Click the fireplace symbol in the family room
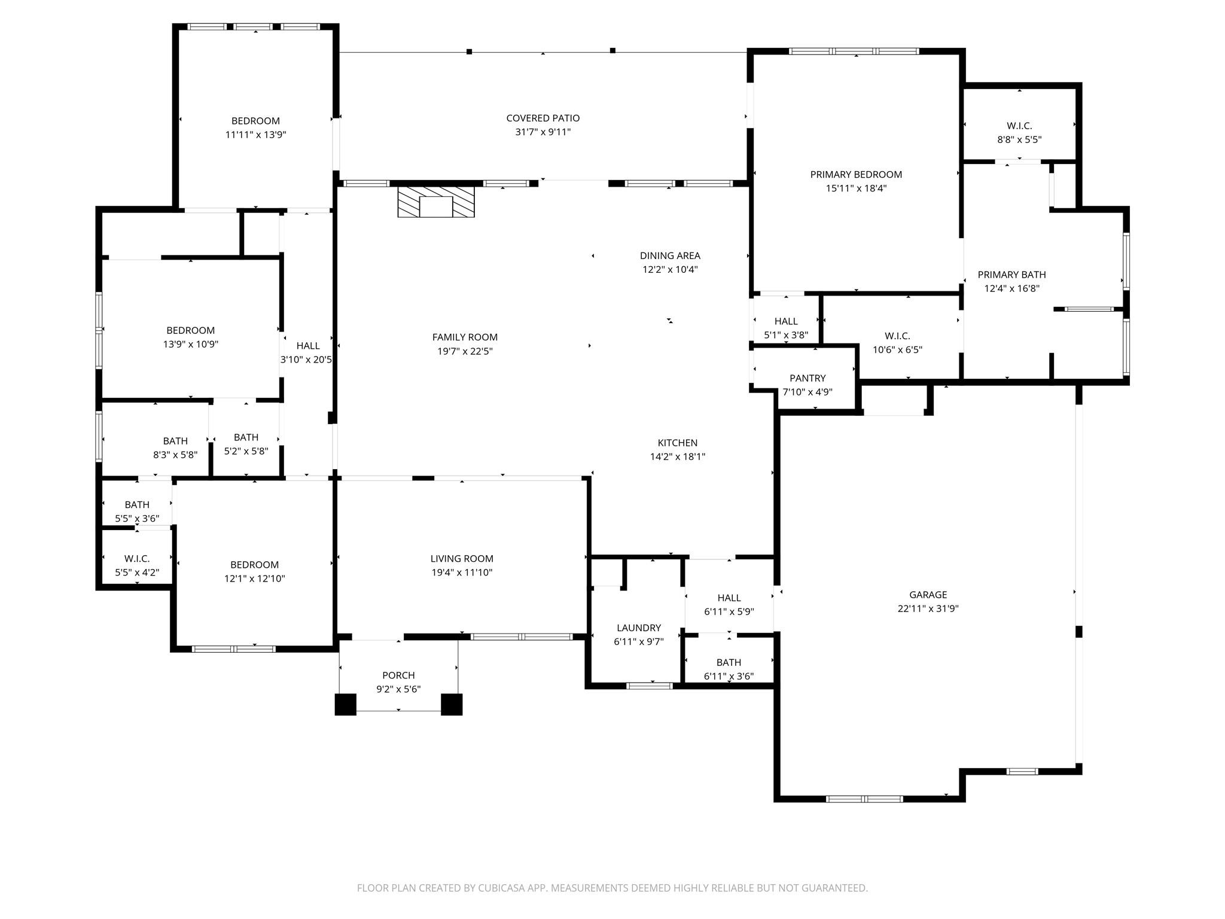pyautogui.click(x=436, y=202)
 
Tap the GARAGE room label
pyautogui.click(x=928, y=595)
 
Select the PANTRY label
pyautogui.click(x=807, y=378)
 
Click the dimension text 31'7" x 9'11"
pyautogui.click(x=543, y=132)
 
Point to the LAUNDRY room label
pyautogui.click(x=638, y=628)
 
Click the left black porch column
pyautogui.click(x=345, y=704)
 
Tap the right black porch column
pyautogui.click(x=452, y=704)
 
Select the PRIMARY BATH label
pyautogui.click(x=1011, y=275)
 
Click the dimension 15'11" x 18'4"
pyautogui.click(x=856, y=188)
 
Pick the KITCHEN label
pyautogui.click(x=677, y=443)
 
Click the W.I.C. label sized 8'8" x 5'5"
pyautogui.click(x=1019, y=126)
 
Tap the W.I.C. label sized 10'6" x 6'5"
pyautogui.click(x=897, y=336)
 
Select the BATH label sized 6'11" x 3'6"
pyautogui.click(x=729, y=662)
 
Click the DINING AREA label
pyautogui.click(x=670, y=255)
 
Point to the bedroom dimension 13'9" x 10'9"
pyautogui.click(x=190, y=344)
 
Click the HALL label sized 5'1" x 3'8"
pyautogui.click(x=785, y=321)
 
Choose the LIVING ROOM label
pyautogui.click(x=462, y=559)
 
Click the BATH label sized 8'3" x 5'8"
pyautogui.click(x=175, y=441)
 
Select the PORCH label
pyautogui.click(x=398, y=675)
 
